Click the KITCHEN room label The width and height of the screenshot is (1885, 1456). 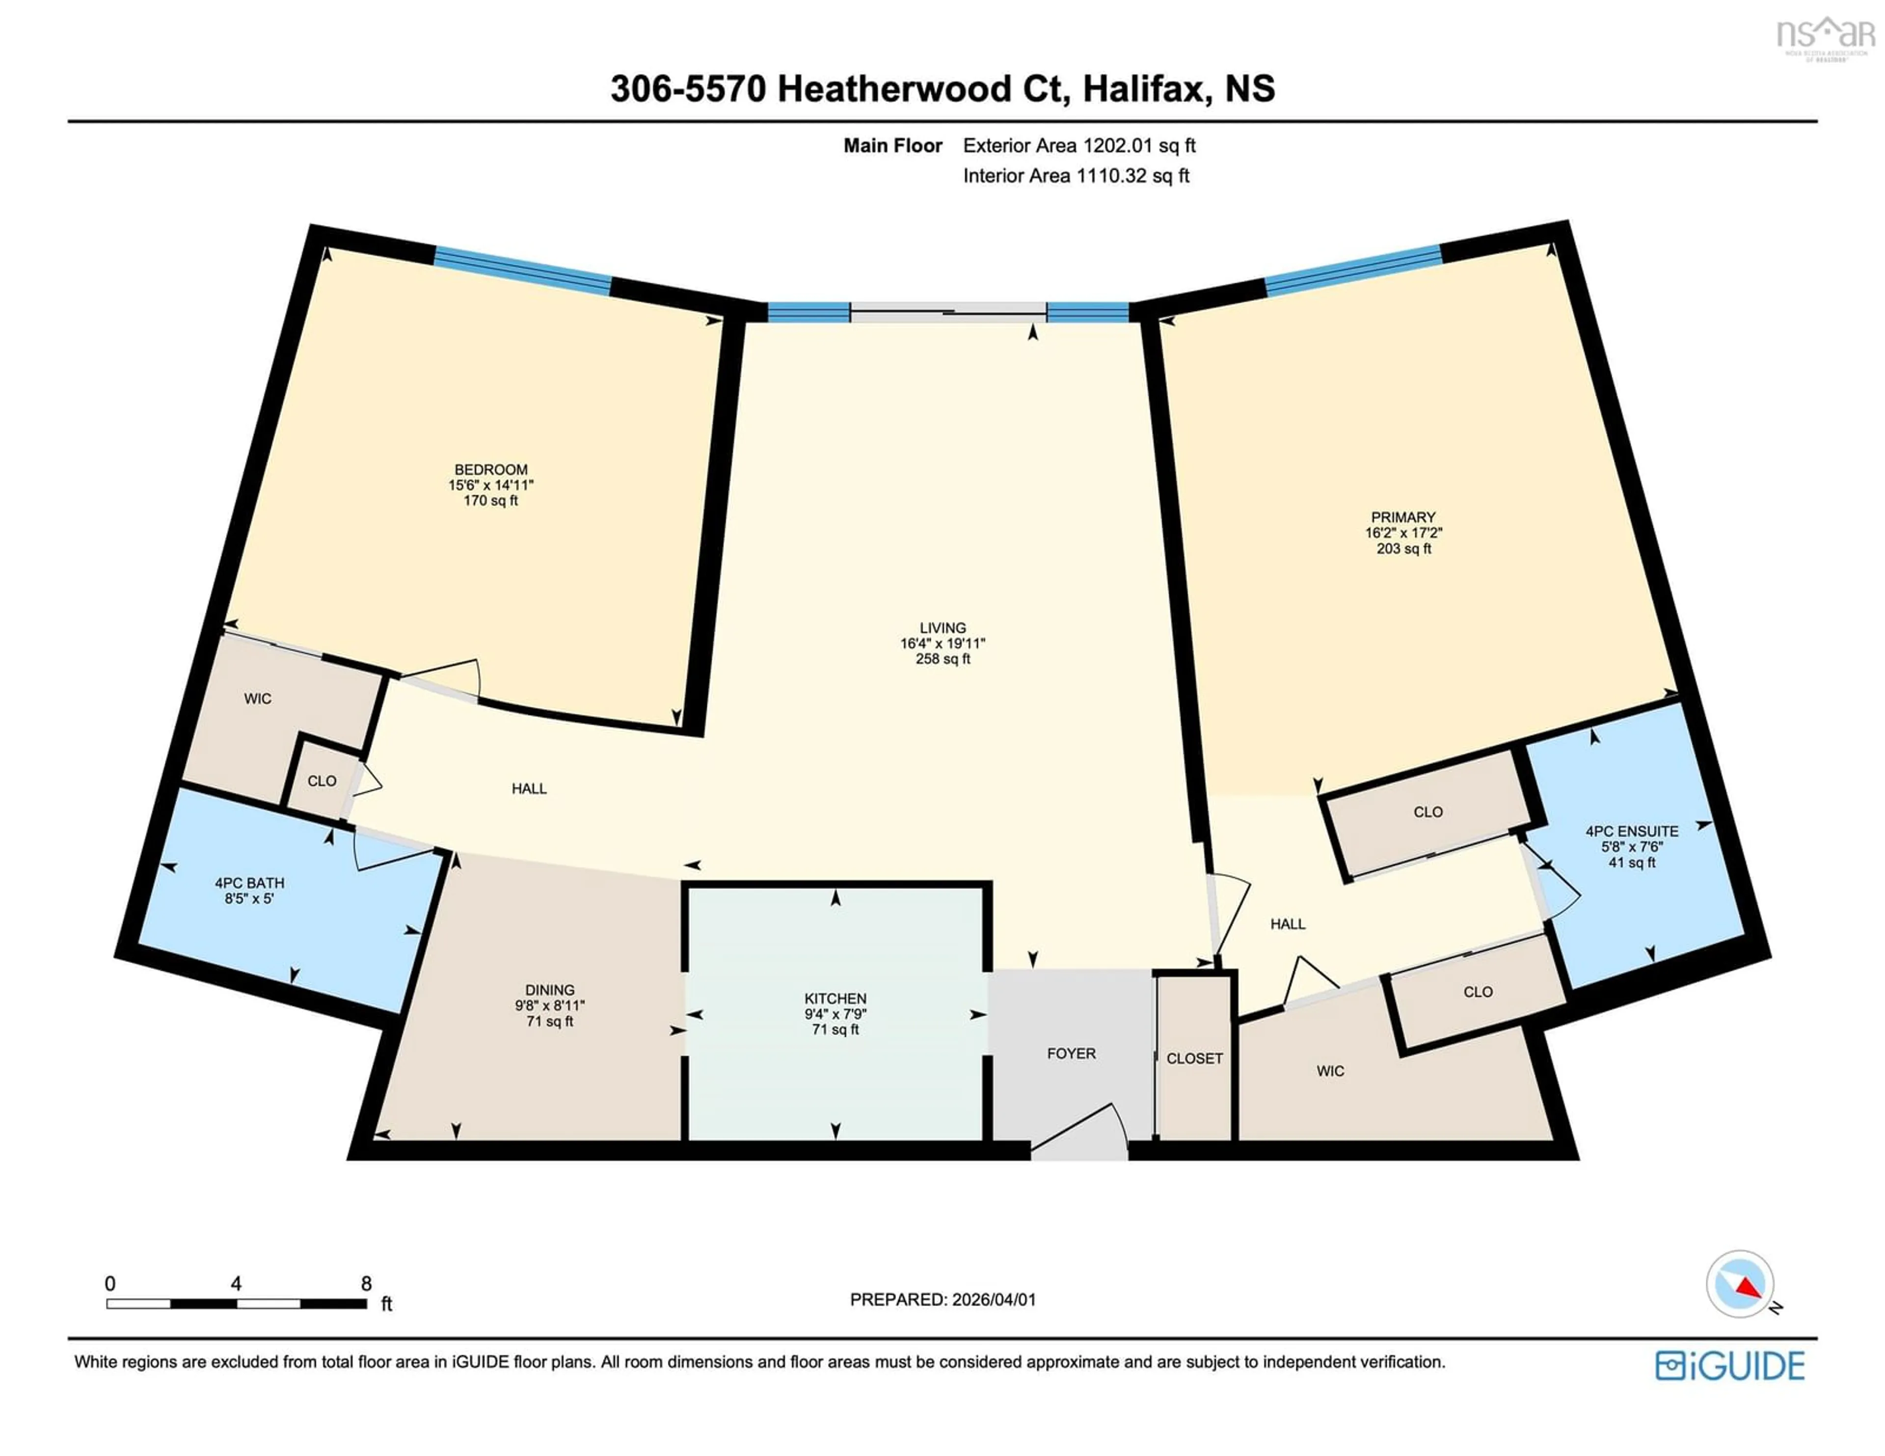pos(835,998)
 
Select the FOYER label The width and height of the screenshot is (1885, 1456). pos(1071,1053)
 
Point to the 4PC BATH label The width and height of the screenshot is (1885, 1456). pos(249,883)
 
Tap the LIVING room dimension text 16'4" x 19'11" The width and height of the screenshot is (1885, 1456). pos(942,643)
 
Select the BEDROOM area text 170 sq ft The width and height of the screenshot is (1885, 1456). pos(490,501)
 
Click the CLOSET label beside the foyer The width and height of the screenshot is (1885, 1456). pos(1194,1058)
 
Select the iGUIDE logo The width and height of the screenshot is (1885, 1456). pos(1730,1365)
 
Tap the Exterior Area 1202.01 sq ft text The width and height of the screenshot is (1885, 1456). pos(1079,146)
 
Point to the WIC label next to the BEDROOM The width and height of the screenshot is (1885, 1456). pos(257,698)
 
